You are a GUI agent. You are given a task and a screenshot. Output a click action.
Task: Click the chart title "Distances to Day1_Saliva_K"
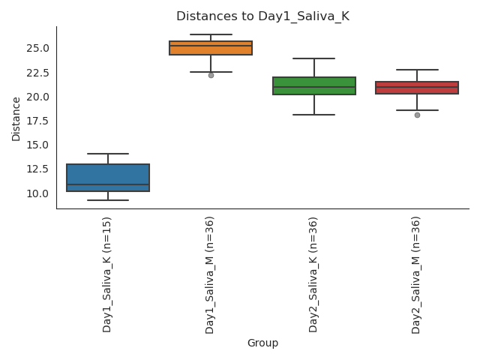coord(262,16)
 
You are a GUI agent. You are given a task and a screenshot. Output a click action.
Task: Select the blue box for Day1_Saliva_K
coord(108,178)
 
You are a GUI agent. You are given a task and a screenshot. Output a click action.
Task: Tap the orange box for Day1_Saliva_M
coord(211,48)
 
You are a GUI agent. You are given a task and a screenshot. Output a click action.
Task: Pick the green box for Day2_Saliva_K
coord(314,85)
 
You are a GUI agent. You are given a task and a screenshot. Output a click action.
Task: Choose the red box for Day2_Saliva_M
coord(417,88)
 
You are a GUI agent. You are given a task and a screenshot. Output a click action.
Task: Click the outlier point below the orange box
coord(211,75)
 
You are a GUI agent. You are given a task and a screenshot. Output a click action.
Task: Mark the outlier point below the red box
coord(417,115)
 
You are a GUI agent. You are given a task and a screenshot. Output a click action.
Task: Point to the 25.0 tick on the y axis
coord(37,49)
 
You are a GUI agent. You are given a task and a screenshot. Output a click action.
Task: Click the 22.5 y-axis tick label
coord(37,73)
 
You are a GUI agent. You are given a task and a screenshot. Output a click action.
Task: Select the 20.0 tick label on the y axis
coord(37,97)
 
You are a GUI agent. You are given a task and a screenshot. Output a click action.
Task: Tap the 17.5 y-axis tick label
coord(37,121)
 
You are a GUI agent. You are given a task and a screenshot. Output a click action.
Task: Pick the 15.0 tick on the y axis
coord(37,145)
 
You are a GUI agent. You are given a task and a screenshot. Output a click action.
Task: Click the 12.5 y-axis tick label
coord(37,169)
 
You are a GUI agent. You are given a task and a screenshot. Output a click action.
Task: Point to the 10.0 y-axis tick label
coord(37,193)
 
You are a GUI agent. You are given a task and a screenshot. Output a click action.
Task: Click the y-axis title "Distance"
coord(16,118)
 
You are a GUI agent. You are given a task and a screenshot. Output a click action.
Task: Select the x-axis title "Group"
coord(262,343)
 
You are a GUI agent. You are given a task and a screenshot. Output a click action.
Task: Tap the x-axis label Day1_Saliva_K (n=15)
coord(107,274)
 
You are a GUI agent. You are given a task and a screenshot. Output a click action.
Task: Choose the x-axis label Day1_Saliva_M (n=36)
coord(210,274)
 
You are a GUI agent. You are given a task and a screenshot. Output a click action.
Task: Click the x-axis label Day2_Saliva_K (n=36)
coord(313,274)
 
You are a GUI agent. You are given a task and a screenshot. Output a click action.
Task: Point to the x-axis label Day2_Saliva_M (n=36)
coord(416,274)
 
